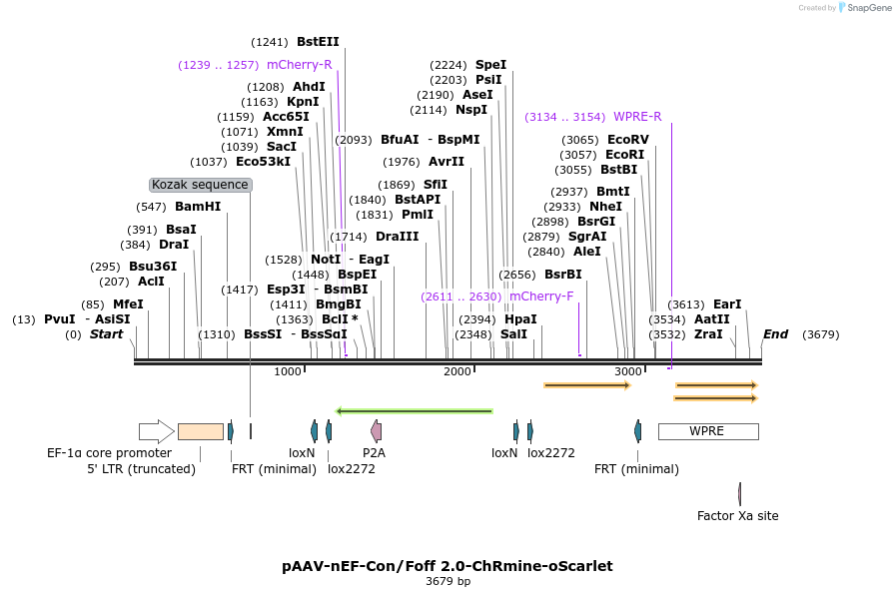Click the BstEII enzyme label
coord(318,42)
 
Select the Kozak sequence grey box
coord(200,185)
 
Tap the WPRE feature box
coord(707,431)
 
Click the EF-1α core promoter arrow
coord(156,431)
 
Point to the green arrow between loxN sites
coord(415,410)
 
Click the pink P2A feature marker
coord(376,431)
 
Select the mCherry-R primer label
coord(299,65)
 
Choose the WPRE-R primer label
coord(637,117)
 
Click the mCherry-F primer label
coord(541,297)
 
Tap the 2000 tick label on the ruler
coord(457,371)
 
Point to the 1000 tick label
coord(288,371)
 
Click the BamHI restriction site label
coord(198,207)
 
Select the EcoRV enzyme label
coord(627,140)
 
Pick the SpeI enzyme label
coord(490,65)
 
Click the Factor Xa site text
coord(737,516)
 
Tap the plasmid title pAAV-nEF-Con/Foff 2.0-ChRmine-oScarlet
coord(447,566)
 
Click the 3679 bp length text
coord(448,581)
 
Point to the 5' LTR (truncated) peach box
coord(201,431)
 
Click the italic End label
coord(775,334)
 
